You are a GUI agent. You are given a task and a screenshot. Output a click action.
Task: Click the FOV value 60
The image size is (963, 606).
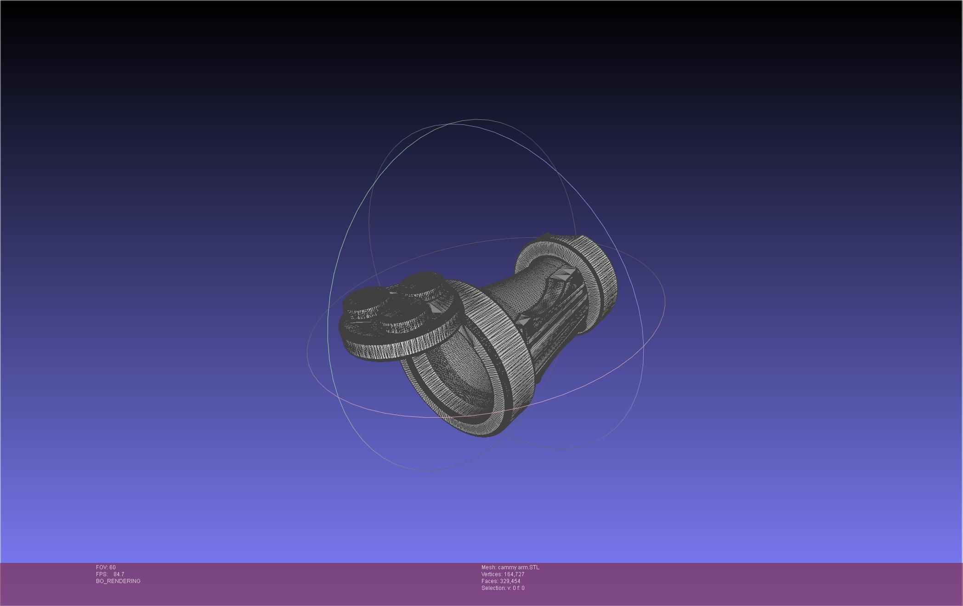point(113,567)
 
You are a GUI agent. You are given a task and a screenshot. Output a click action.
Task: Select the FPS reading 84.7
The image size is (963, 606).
point(119,574)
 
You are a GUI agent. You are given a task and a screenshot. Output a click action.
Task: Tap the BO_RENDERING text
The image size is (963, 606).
point(118,581)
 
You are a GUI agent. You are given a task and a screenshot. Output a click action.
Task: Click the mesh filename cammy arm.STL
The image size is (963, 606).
point(519,567)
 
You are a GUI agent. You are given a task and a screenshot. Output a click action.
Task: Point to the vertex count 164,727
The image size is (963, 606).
point(514,574)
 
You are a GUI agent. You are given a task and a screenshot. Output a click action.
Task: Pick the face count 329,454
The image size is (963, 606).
point(510,581)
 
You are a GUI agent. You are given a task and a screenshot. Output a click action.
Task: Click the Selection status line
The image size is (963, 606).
point(503,588)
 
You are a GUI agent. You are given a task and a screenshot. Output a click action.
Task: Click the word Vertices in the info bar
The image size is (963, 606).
point(491,574)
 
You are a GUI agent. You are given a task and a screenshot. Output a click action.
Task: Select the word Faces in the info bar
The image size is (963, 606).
point(489,581)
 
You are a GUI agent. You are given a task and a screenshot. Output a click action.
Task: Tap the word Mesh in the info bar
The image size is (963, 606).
point(488,567)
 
